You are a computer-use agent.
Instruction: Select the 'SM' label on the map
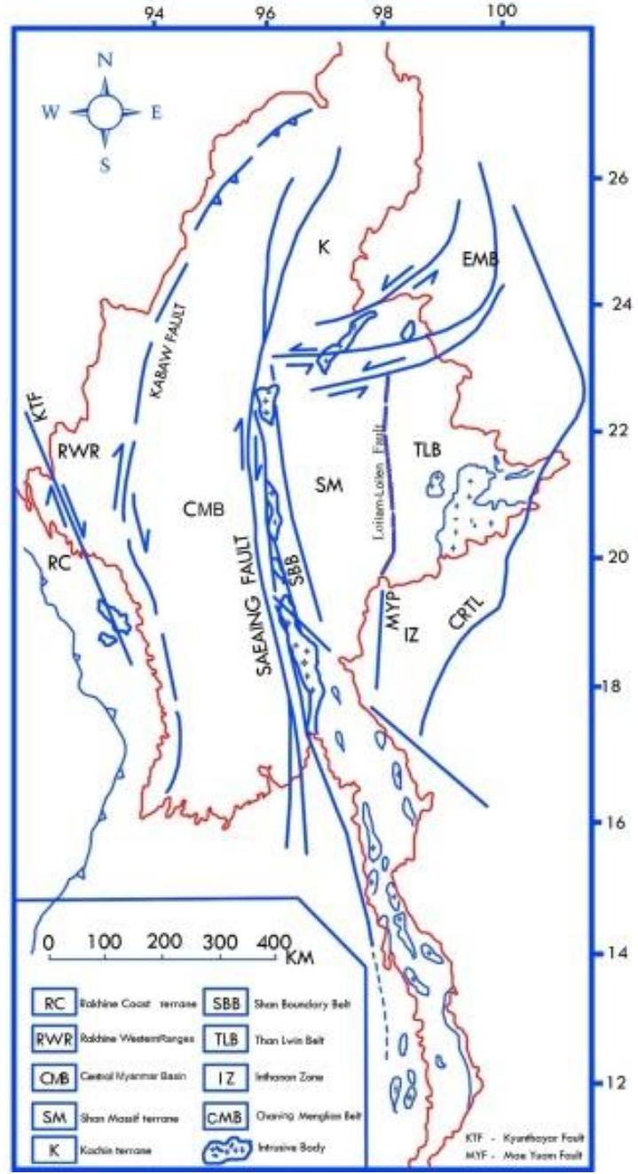(325, 485)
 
